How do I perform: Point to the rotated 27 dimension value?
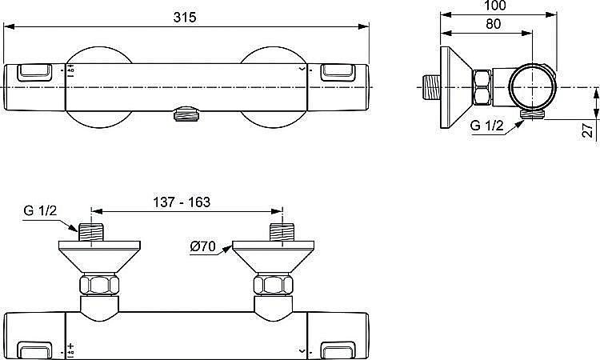[x=588, y=130]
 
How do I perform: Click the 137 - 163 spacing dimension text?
[x=183, y=202]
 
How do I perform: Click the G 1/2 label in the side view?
[x=486, y=126]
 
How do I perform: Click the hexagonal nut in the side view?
[x=484, y=88]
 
